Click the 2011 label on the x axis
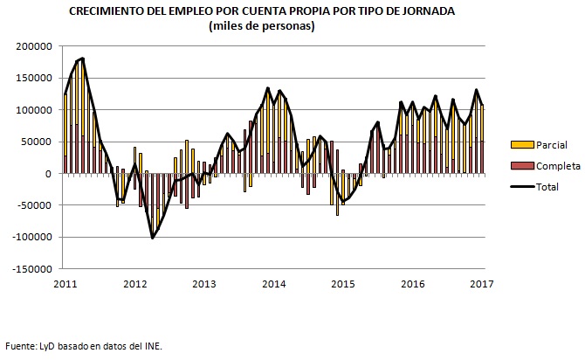coord(65,283)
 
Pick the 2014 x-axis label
coord(274,283)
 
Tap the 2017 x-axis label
coord(482,283)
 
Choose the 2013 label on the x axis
coord(203,283)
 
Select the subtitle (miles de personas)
coord(262,25)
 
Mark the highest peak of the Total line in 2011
coord(82,59)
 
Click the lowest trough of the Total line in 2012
coord(153,238)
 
